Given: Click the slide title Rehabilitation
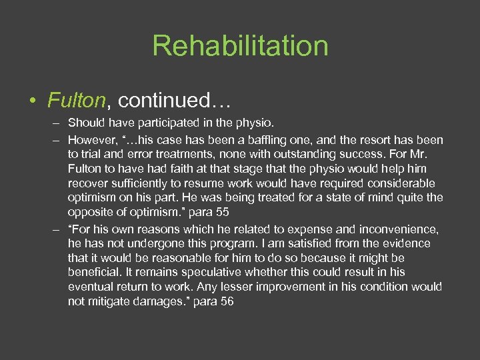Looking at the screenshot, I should [x=240, y=46].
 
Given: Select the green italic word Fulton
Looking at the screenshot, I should [x=77, y=100].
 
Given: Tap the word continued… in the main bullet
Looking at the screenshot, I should [x=173, y=100].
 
